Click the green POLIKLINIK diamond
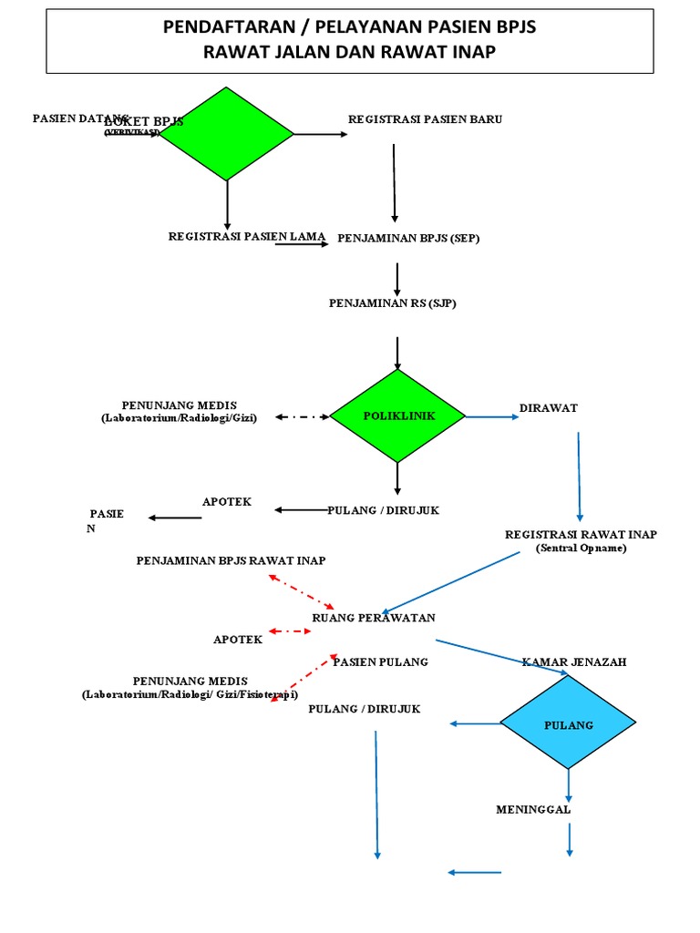[397, 415]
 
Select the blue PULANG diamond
[569, 724]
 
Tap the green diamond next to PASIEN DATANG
[227, 134]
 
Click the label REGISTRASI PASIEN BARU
[425, 119]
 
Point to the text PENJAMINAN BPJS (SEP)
[408, 239]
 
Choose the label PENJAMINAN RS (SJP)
[392, 303]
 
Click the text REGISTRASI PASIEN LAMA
[246, 236]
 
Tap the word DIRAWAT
[549, 408]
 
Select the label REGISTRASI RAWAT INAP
[581, 534]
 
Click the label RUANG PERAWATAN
[374, 618]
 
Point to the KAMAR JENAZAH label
[574, 661]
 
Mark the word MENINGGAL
[533, 809]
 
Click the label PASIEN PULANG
[380, 661]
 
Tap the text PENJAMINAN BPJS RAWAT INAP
[231, 560]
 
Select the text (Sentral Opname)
[581, 549]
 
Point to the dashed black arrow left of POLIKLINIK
[301, 417]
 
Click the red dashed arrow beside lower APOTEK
[290, 631]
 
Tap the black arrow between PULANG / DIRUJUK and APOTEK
[301, 509]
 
